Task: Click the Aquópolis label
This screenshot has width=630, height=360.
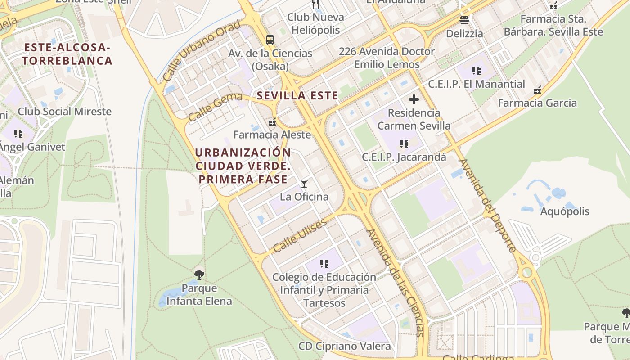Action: click(x=565, y=211)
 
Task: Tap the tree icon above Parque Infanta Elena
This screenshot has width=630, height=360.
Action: click(x=199, y=274)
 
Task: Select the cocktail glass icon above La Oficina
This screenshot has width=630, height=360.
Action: click(x=304, y=183)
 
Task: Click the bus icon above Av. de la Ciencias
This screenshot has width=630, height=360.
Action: click(x=270, y=40)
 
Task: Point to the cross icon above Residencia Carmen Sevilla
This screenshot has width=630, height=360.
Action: click(x=414, y=99)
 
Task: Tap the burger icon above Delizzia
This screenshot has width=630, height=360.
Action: click(x=464, y=20)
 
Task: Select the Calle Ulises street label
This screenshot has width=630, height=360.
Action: click(x=300, y=236)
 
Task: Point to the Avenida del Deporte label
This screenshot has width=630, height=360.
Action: click(x=487, y=205)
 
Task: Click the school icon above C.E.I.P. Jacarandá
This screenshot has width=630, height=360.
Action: click(x=404, y=144)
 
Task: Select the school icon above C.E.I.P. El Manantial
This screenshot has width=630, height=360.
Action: click(x=477, y=71)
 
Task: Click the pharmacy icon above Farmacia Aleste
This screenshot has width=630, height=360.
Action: click(x=272, y=121)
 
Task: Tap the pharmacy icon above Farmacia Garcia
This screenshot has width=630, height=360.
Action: click(x=537, y=90)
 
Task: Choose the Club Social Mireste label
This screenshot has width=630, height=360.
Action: click(x=64, y=112)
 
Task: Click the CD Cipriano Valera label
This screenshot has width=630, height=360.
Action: click(x=344, y=346)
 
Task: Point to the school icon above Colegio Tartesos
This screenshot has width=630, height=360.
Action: click(x=324, y=263)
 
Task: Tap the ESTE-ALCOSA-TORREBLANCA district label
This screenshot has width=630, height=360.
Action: click(x=67, y=54)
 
